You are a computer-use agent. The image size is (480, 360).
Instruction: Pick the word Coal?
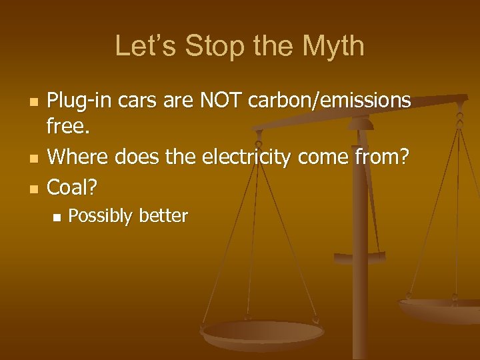tap(72, 187)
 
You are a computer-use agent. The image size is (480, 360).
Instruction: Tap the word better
tap(163, 216)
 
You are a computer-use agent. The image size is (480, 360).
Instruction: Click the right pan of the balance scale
tap(440, 308)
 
